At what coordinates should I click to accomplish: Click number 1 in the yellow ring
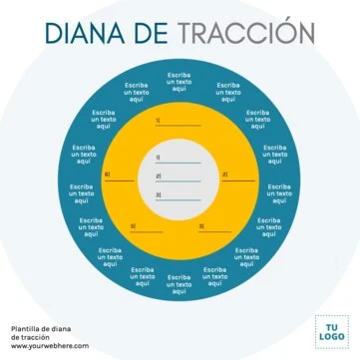(158, 121)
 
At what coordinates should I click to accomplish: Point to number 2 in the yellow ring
(224, 176)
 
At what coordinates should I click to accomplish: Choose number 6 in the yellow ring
(107, 176)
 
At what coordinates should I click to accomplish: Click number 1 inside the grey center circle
(158, 158)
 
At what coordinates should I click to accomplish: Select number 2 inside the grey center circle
(158, 177)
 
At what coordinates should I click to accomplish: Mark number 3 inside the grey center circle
(158, 194)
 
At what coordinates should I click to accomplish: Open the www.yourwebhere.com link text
(50, 346)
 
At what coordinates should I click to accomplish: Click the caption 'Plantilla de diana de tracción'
(40, 332)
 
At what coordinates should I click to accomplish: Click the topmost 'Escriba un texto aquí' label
(180, 82)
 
